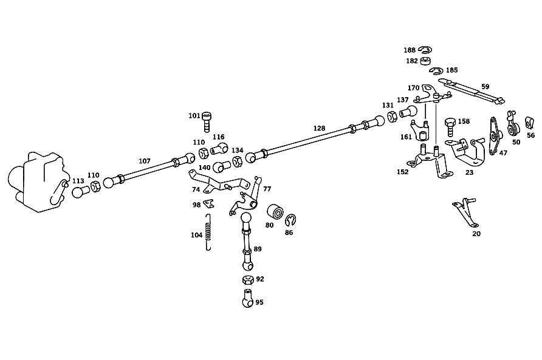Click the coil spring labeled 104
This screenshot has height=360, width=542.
pyautogui.click(x=208, y=232)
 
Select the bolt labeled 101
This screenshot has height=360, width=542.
pyautogui.click(x=207, y=121)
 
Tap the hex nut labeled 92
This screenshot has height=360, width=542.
pyautogui.click(x=247, y=279)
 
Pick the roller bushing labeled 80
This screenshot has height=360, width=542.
pyautogui.click(x=275, y=211)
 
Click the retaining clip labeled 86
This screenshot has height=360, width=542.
pyautogui.click(x=290, y=220)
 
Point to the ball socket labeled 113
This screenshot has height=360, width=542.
pyautogui.click(x=81, y=191)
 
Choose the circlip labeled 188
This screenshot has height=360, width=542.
pyautogui.click(x=425, y=50)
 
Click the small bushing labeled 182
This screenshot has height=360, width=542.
pyautogui.click(x=425, y=61)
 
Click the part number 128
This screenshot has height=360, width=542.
pyautogui.click(x=319, y=128)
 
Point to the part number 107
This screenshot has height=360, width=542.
pyautogui.click(x=145, y=161)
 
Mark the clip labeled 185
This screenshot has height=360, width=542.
pyautogui.click(x=436, y=70)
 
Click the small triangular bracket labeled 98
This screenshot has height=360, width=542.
pyautogui.click(x=208, y=204)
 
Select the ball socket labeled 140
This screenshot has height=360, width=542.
pyautogui.click(x=222, y=166)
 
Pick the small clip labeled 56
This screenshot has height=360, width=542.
pyautogui.click(x=529, y=123)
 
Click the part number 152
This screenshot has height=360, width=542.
pyautogui.click(x=403, y=172)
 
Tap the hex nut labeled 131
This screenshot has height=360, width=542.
pyautogui.click(x=392, y=117)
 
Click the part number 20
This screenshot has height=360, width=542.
pyautogui.click(x=476, y=234)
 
